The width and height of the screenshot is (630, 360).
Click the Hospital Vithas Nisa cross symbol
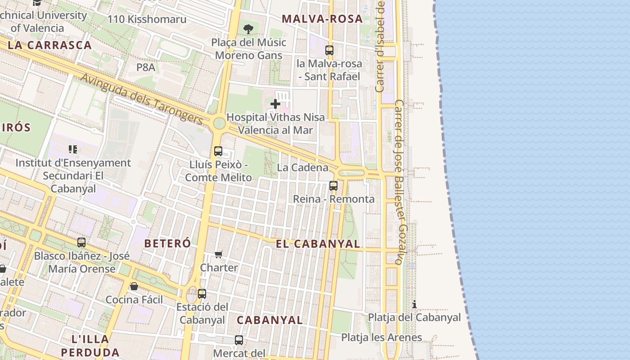[x=275, y=104]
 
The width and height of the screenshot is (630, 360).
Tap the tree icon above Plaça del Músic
[x=248, y=30]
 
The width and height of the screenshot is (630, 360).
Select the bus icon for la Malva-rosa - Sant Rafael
[x=329, y=50]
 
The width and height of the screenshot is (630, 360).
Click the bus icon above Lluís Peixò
[x=218, y=151]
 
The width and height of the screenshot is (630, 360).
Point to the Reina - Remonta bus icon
[x=333, y=185]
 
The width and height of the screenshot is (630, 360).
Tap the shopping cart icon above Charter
[x=219, y=255]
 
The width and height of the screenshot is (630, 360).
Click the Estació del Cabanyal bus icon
[x=202, y=294]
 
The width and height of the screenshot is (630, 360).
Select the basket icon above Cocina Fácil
[x=134, y=286]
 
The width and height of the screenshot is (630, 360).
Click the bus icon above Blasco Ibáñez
[x=81, y=243]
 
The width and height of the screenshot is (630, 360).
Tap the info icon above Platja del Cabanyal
[x=414, y=305]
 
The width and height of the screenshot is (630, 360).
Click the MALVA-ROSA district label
[x=322, y=19]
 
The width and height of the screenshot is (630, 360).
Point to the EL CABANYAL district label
[x=318, y=244]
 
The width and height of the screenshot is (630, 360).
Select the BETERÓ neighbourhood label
[x=167, y=243]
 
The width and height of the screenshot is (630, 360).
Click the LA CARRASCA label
[x=49, y=45]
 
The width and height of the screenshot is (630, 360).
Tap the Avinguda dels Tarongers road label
[x=142, y=99]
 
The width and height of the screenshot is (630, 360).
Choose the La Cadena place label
[x=302, y=167]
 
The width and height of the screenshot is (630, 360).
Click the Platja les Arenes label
[x=381, y=337]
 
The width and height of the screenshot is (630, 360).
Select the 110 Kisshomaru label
[x=140, y=19]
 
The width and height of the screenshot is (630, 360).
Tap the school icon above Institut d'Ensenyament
[x=73, y=149]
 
